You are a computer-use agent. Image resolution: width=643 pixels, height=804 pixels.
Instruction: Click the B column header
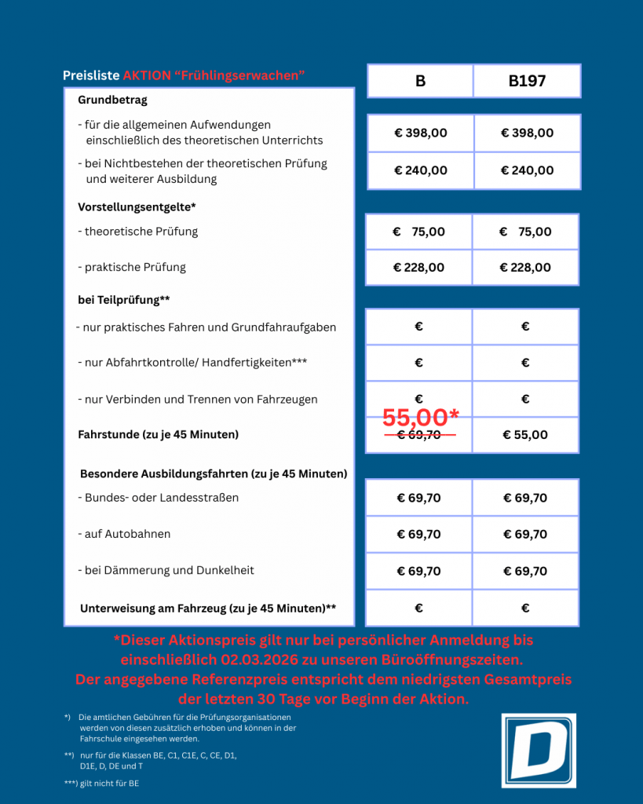tap(420, 81)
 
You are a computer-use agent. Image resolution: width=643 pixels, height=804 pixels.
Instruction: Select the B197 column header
tap(527, 81)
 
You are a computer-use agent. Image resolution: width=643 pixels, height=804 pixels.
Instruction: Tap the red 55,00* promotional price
tap(420, 418)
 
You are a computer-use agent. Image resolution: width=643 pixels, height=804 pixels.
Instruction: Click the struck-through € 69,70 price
tap(419, 435)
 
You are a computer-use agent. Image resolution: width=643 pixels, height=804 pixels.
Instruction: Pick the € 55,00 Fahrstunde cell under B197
tap(525, 435)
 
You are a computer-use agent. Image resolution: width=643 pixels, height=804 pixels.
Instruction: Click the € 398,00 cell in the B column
tap(421, 133)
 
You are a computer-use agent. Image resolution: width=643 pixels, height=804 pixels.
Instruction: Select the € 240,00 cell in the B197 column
tap(527, 170)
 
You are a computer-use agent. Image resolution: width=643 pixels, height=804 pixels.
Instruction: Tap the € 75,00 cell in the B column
tap(418, 232)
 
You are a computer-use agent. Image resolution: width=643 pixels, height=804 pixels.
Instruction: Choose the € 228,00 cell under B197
tap(525, 268)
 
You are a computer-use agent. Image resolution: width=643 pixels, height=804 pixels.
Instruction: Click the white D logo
tap(539, 750)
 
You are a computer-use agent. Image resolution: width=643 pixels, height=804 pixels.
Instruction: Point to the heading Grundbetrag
tap(112, 100)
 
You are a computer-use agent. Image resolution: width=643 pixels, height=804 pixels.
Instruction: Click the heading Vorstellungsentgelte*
tap(137, 207)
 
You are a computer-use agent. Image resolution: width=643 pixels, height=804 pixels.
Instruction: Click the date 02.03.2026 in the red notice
tap(249, 660)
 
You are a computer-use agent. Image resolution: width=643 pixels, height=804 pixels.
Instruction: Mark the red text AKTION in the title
tap(146, 75)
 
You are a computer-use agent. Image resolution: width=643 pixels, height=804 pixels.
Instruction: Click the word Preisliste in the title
tap(91, 75)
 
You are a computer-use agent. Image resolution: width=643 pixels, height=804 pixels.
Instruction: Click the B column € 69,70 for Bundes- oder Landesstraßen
tap(418, 498)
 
